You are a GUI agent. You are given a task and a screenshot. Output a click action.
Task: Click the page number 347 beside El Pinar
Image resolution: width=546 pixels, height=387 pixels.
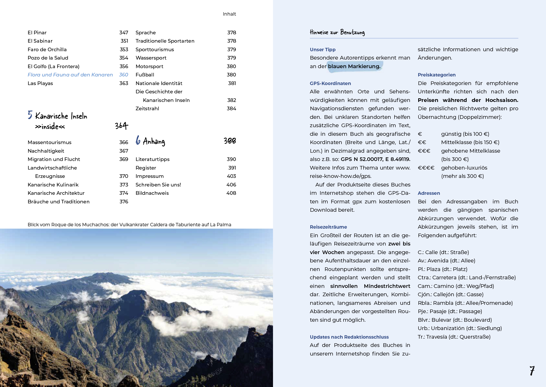pyautogui.click(x=124, y=33)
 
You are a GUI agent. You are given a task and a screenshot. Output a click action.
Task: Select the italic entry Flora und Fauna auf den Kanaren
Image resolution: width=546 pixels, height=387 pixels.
pyautogui.click(x=70, y=75)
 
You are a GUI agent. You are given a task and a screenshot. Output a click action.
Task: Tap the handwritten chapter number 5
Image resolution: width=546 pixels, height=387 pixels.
pyautogui.click(x=30, y=115)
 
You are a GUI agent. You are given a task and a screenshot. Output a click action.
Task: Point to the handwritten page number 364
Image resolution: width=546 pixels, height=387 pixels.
pyautogui.click(x=121, y=126)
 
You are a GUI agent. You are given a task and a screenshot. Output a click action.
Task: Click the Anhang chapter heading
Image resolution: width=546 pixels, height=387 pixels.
pyautogui.click(x=154, y=141)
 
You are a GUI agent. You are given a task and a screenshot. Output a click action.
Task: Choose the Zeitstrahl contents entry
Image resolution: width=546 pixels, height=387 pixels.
pyautogui.click(x=147, y=109)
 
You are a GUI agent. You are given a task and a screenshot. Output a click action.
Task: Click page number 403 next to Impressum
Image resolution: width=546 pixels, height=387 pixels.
pyautogui.click(x=231, y=176)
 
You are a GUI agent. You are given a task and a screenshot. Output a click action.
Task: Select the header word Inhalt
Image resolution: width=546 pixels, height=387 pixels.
pyautogui.click(x=229, y=14)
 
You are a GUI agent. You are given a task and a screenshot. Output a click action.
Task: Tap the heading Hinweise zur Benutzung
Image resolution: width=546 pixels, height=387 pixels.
pyautogui.click(x=337, y=32)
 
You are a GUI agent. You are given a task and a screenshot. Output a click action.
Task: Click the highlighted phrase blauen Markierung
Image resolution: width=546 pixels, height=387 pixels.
pyautogui.click(x=354, y=67)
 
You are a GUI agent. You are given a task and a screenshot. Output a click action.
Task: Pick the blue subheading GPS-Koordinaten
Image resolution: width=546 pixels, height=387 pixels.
pyautogui.click(x=330, y=83)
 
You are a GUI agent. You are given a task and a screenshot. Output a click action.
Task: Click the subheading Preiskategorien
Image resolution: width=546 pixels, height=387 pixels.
pyautogui.click(x=436, y=75)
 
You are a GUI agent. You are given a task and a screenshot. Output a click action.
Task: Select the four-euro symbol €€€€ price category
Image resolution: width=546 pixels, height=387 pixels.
pyautogui.click(x=426, y=168)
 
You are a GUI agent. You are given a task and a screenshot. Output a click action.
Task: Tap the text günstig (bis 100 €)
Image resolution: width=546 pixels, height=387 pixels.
pyautogui.click(x=465, y=134)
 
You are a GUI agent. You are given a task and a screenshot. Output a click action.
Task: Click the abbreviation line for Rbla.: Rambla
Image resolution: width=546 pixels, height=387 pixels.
pyautogui.click(x=465, y=303)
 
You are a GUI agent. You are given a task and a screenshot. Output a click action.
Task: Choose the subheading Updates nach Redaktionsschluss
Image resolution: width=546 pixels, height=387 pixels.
pyautogui.click(x=349, y=337)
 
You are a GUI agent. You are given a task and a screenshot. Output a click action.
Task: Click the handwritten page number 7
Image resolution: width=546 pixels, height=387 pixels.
pyautogui.click(x=532, y=370)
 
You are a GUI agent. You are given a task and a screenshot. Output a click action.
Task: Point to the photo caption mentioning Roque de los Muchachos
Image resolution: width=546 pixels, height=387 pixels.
pyautogui.click(x=129, y=225)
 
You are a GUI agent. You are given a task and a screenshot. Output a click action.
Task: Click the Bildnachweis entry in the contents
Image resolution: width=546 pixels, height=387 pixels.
pyautogui.click(x=152, y=193)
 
